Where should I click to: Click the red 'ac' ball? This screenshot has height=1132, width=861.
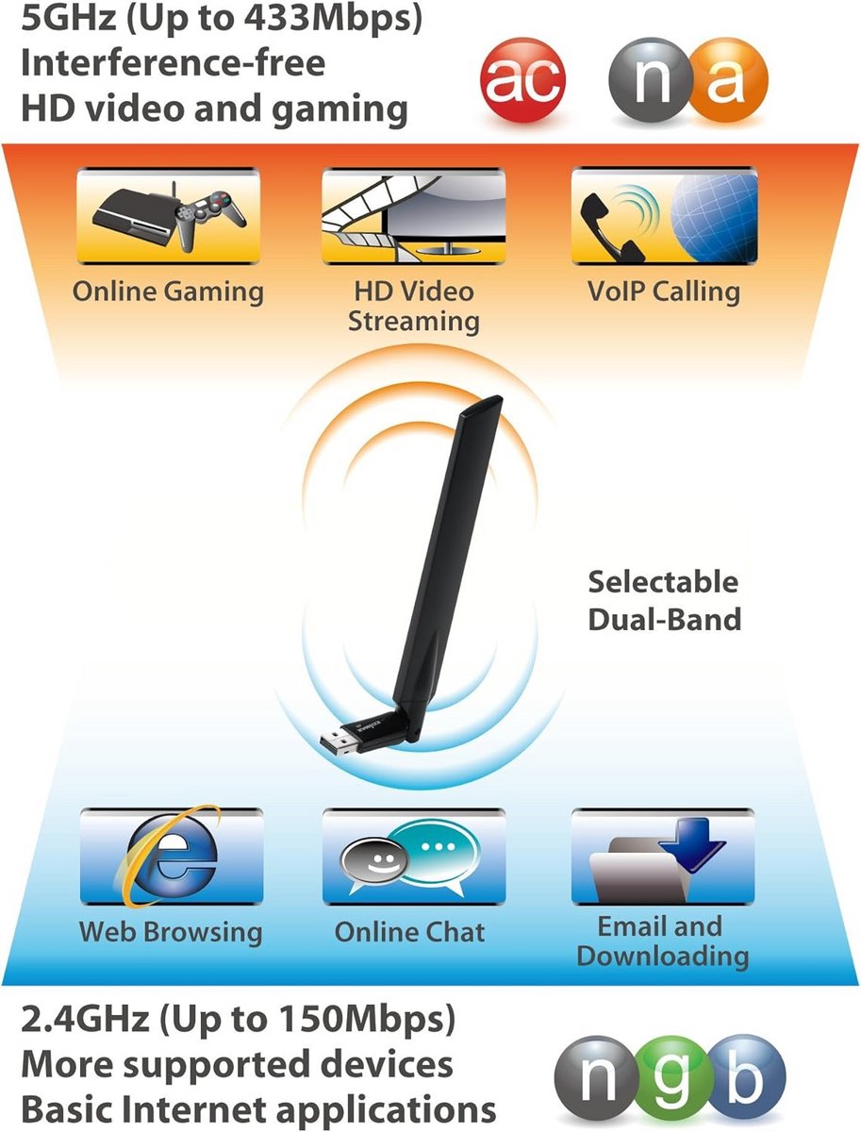coord(522,80)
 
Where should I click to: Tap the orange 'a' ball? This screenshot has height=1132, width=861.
coord(727,80)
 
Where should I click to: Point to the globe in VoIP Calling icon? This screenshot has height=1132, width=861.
coord(715,218)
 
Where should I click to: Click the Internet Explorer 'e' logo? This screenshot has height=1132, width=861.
coord(170,857)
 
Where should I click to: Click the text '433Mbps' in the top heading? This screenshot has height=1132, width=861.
coord(333,19)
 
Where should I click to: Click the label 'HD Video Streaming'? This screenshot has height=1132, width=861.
coord(413,307)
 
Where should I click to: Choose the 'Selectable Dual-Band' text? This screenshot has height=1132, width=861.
coord(664,600)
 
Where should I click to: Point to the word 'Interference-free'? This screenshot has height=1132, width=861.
coord(174,63)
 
